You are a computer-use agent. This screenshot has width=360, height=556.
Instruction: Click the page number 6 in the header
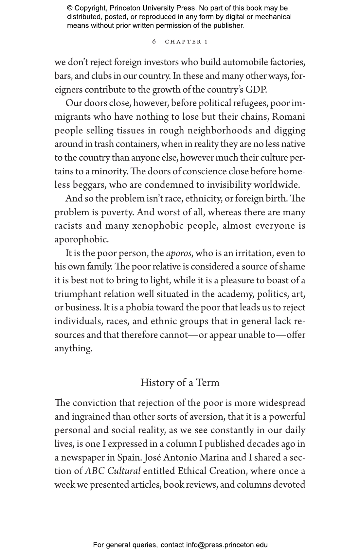(x=154, y=42)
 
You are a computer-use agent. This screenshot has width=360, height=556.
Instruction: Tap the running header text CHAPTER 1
(x=186, y=42)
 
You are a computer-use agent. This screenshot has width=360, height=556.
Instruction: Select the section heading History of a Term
(x=180, y=382)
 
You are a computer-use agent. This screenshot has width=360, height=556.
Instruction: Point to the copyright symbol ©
(x=70, y=8)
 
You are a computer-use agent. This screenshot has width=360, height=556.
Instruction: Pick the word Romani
(x=289, y=117)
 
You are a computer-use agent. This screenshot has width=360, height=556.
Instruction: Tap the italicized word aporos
(x=179, y=253)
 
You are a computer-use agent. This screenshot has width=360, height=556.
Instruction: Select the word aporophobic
(x=81, y=240)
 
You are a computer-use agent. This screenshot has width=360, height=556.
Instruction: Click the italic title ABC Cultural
(x=113, y=471)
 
